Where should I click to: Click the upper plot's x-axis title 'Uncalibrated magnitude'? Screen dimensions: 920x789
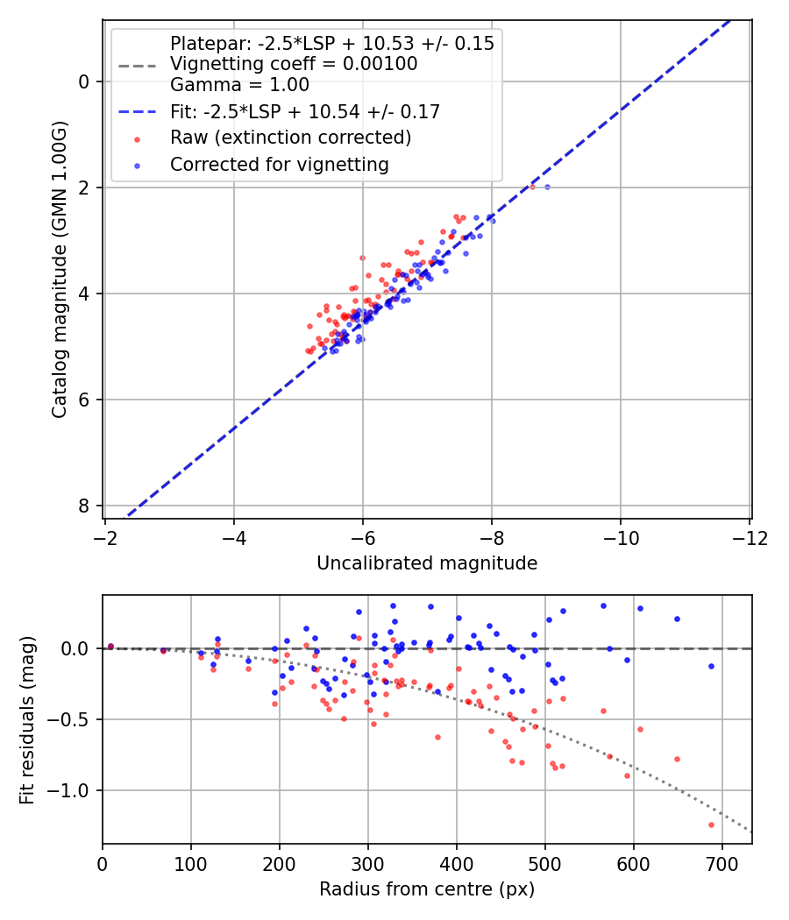pos(427,563)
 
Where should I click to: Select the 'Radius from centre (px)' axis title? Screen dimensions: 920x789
pos(427,889)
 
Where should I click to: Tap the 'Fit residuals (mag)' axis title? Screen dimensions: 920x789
pos(27,719)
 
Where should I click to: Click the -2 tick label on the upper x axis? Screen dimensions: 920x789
pos(105,536)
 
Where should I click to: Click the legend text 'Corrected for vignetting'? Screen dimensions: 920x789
pos(280,165)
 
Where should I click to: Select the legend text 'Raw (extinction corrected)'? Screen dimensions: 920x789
pos(290,138)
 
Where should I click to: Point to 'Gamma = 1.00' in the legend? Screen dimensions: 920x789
pos(239,86)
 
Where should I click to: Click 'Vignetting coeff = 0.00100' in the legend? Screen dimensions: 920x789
pos(294,64)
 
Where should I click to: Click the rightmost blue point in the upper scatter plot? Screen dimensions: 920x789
pos(547,187)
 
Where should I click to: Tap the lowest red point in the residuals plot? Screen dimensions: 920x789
pos(711,824)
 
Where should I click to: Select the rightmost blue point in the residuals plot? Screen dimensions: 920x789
pos(711,666)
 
